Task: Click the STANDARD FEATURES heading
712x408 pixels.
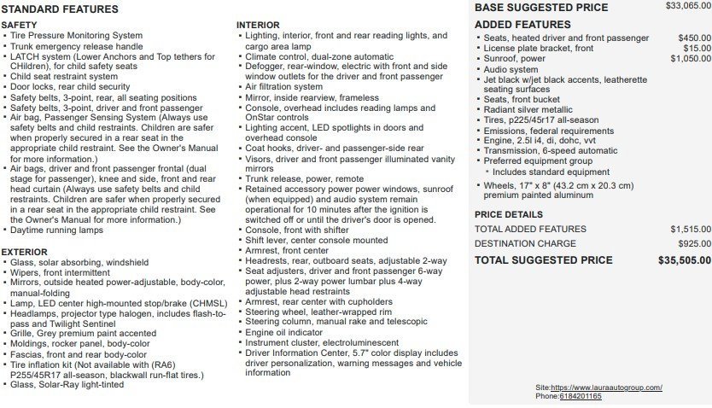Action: [x=61, y=9]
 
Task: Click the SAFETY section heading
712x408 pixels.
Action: [x=20, y=26]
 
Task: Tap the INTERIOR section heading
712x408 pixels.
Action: [x=258, y=25]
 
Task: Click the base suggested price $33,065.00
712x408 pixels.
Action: [x=687, y=6]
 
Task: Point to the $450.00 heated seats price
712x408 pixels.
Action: [x=693, y=38]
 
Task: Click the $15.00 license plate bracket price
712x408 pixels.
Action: [x=698, y=49]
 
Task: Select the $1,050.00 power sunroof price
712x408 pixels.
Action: [x=690, y=59]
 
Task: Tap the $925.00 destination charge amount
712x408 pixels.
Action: [x=695, y=244]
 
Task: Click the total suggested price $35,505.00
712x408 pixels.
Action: [x=684, y=260]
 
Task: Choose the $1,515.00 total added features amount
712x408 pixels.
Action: [x=690, y=229]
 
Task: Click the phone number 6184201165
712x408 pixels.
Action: [x=581, y=396]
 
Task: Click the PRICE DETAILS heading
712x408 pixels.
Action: [x=509, y=215]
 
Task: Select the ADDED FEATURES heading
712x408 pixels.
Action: [x=522, y=25]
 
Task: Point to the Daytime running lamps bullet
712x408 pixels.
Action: [x=56, y=230]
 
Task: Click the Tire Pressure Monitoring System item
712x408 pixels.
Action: [x=76, y=36]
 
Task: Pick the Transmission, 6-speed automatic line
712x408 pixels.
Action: [x=551, y=151]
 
